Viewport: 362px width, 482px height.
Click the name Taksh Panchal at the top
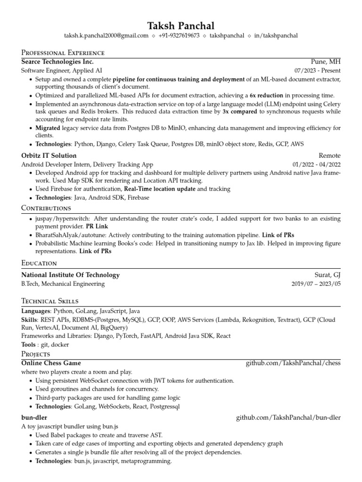(181, 25)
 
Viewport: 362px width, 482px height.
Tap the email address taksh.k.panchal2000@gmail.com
(107, 36)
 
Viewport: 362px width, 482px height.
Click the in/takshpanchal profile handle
(276, 36)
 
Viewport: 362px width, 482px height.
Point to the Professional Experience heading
(63, 52)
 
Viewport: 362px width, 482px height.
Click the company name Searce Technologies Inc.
(58, 62)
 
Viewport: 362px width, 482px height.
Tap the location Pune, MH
(326, 62)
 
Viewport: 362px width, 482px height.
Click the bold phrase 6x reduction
(266, 95)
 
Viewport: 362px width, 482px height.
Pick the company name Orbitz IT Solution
(49, 155)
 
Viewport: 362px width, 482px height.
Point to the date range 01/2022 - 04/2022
(316, 164)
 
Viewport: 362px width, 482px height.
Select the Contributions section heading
(46, 208)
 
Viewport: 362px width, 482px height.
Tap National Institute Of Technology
(71, 275)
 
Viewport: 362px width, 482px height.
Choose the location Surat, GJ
(328, 275)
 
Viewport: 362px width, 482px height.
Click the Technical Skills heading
(50, 301)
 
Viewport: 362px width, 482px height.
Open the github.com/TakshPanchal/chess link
(293, 363)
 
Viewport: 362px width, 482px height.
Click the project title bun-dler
(34, 417)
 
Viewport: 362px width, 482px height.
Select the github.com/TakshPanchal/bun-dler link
(288, 417)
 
